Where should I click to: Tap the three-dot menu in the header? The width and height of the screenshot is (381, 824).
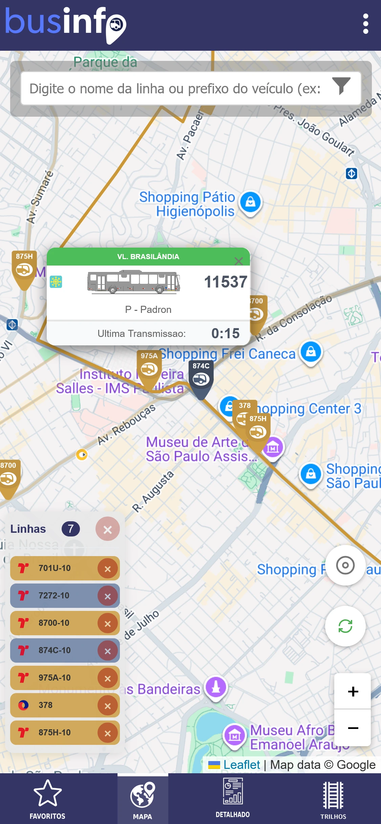point(365,24)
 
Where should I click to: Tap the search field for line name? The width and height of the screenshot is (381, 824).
point(175,89)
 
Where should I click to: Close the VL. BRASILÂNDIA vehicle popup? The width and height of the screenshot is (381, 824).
point(239,261)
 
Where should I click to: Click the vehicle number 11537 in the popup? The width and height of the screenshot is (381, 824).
point(226,282)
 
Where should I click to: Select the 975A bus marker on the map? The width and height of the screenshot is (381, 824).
point(149,367)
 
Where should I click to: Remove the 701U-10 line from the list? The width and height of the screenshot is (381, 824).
point(108,569)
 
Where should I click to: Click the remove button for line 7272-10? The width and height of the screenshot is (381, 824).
point(108,596)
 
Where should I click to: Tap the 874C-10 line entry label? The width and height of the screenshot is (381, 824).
point(55,650)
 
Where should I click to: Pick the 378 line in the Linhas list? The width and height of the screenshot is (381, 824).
point(45,705)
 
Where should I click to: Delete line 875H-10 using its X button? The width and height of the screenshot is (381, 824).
point(108,733)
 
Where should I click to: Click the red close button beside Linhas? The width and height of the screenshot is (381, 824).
point(107,529)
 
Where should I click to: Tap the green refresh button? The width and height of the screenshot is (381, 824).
point(345,626)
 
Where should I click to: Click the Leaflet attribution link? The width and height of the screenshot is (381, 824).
point(241,765)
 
